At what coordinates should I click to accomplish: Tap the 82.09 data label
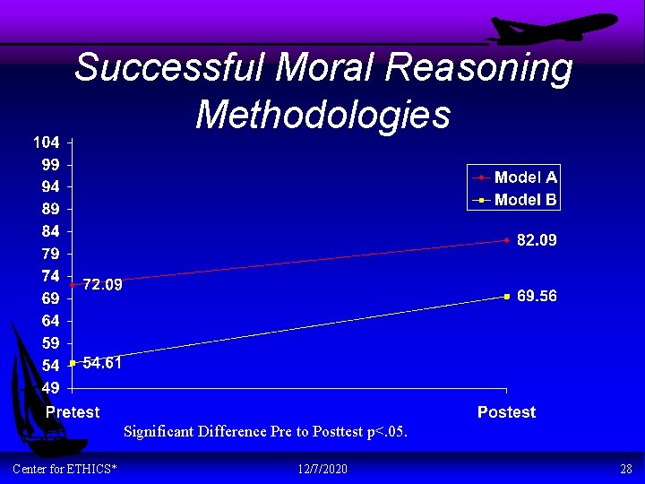pos(537,240)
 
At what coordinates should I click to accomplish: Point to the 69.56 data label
pos(537,296)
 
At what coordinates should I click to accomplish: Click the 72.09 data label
pos(102,285)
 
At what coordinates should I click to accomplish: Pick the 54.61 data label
pos(102,363)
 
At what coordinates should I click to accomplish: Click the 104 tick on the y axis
pos(47,143)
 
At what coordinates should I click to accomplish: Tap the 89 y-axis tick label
pos(50,209)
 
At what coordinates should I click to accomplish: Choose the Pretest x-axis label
pos(73,412)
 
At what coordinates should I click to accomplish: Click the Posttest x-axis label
pos(506,412)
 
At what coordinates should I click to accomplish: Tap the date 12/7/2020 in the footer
pos(322,469)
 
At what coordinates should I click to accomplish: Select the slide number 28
pos(625,469)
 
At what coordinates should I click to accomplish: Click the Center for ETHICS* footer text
pos(64,469)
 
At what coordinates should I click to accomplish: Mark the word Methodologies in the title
pos(322,114)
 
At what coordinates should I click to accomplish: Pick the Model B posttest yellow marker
pos(506,296)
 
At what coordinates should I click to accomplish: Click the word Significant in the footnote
pos(158,432)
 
